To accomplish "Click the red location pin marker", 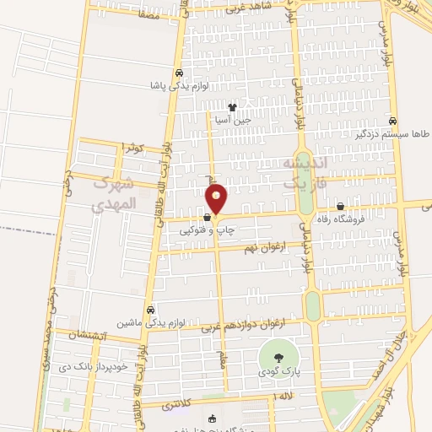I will pos(217,199).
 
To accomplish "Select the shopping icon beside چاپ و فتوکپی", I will pos(207,218).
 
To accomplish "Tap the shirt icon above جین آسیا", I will pos(232,107).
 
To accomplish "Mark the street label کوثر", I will pos(132,148).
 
